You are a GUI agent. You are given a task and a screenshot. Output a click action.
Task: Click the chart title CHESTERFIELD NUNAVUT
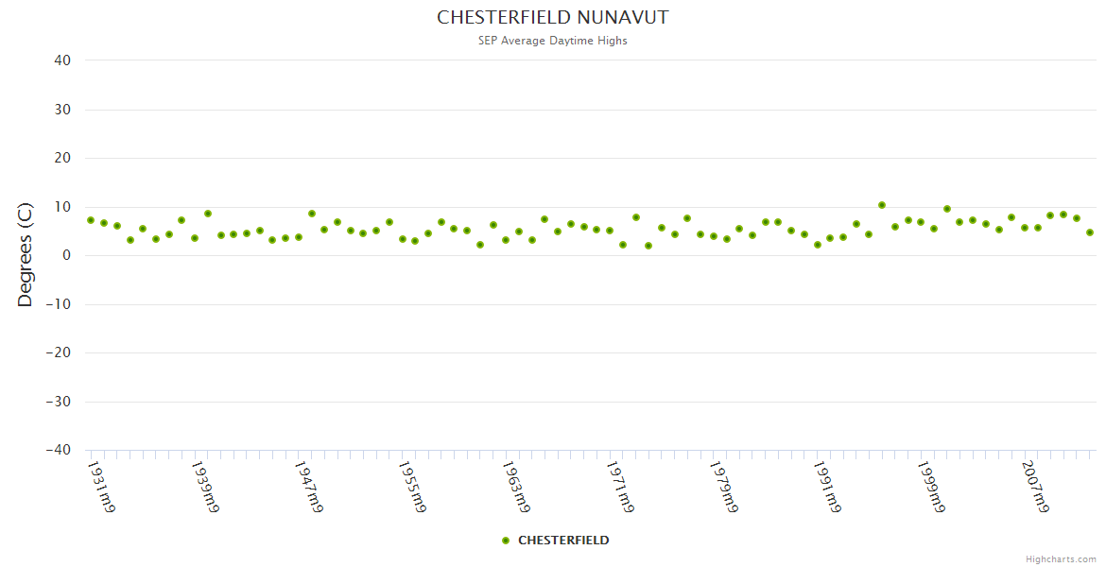tap(553, 18)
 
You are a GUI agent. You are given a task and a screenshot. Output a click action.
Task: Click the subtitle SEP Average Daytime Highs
tap(553, 41)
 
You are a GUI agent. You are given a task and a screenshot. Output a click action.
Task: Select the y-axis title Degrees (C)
tap(26, 254)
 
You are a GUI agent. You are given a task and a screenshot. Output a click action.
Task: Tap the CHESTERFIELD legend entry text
tap(563, 541)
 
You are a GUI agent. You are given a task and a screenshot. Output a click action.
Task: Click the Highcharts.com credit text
tap(1061, 559)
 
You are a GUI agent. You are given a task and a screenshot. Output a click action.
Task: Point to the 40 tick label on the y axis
tap(62, 60)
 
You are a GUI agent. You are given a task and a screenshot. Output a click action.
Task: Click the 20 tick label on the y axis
tap(62, 158)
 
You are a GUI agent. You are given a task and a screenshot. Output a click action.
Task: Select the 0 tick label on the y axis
tap(67, 255)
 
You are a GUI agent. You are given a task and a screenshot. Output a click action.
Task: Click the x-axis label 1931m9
tap(101, 487)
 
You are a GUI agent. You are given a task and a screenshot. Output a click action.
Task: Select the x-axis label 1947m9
tap(309, 487)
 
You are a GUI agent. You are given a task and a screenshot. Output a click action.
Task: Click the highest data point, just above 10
tap(882, 205)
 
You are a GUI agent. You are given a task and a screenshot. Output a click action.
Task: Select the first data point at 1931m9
tap(91, 220)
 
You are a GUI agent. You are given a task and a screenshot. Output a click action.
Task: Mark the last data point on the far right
tap(1089, 232)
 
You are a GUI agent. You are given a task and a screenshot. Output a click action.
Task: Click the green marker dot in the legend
tap(506, 541)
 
